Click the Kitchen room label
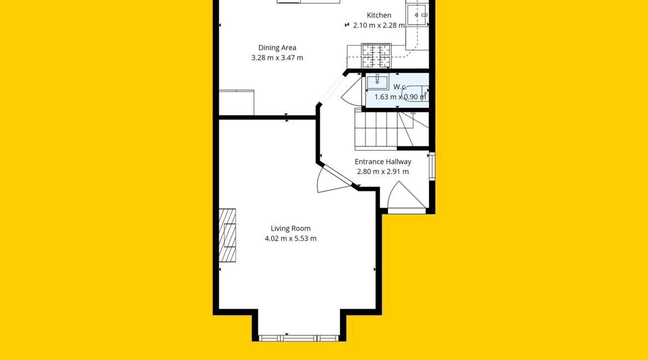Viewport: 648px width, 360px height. (379, 16)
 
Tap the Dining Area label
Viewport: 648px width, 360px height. (277, 48)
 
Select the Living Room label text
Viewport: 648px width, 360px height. (291, 229)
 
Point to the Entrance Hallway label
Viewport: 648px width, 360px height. (383, 162)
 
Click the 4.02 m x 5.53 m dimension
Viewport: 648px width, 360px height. (291, 239)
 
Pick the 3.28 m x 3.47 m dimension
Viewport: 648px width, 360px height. (277, 58)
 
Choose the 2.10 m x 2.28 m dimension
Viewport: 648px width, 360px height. (379, 25)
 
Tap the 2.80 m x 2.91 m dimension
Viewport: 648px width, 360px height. (383, 172)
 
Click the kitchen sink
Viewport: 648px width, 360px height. (417, 16)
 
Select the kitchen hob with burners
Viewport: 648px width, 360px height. (376, 55)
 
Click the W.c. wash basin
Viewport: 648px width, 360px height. (377, 82)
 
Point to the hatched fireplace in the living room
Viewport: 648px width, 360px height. (227, 235)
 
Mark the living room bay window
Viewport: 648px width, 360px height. (299, 338)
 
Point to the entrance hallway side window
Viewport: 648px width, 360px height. (432, 166)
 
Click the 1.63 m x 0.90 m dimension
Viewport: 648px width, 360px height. (400, 97)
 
